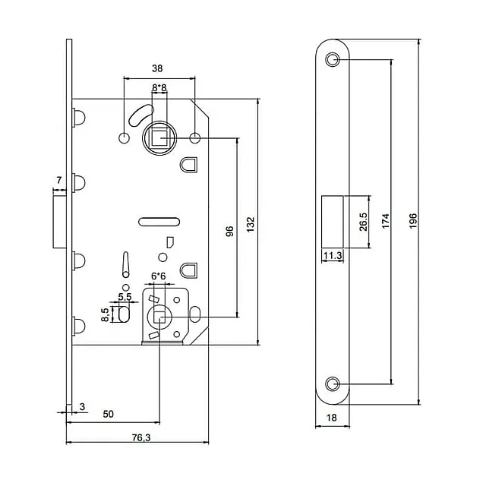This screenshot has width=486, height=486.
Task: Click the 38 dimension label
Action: click(157, 68)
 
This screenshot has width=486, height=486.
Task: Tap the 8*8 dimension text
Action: click(159, 88)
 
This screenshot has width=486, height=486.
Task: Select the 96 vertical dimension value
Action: click(229, 231)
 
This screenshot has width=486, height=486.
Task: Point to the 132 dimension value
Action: click(251, 225)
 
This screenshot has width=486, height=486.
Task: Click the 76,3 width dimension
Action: click(141, 437)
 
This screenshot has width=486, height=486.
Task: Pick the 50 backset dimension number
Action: click(108, 414)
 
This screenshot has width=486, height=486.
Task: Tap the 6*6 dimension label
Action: click(159, 276)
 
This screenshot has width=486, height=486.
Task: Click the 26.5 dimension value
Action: click(363, 222)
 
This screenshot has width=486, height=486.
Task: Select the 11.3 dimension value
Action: click(333, 256)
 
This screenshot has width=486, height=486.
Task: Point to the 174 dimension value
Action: click(386, 221)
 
